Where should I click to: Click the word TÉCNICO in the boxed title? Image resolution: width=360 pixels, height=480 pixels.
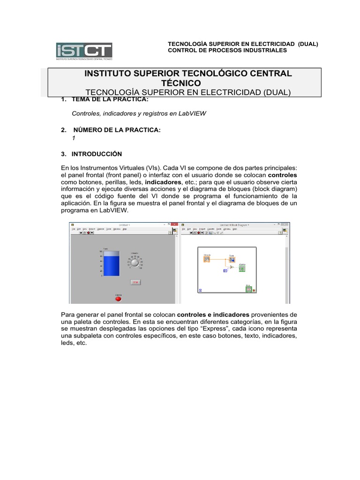point(187,82)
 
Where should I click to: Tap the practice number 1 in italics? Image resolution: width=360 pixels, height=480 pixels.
point(73,138)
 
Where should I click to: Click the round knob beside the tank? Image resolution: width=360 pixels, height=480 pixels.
point(135,263)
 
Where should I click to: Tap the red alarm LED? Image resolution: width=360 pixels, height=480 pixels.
point(118,299)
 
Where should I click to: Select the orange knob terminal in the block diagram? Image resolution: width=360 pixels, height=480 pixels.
point(207,259)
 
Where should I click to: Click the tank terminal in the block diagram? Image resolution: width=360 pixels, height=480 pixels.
point(232,259)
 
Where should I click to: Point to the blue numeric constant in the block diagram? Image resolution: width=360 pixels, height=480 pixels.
point(225,270)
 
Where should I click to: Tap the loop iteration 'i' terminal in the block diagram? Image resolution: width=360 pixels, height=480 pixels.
point(201,291)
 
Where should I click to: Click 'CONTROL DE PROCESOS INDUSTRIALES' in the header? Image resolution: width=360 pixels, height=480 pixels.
point(227,50)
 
